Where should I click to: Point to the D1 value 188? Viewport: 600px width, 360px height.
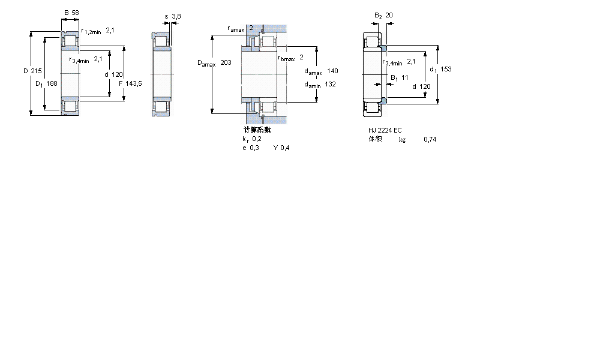52,83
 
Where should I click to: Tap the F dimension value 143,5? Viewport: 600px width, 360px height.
134,83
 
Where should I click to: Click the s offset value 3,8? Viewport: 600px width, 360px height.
176,16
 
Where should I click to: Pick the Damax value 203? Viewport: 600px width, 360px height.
226,62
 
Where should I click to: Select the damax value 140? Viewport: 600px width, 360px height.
332,71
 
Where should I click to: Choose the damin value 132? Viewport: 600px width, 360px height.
330,84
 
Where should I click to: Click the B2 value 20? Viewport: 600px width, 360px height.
389,15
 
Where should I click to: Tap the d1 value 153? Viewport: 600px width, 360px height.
445,69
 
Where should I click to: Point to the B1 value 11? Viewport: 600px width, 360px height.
405,77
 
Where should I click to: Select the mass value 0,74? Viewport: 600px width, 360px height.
430,139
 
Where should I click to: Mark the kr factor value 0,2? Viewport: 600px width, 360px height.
256,139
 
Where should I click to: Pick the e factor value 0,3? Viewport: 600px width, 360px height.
254,148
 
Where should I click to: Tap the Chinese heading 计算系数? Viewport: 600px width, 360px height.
257,130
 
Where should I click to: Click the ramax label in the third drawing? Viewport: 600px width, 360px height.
236,29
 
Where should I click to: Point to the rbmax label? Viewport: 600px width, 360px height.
286,58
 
